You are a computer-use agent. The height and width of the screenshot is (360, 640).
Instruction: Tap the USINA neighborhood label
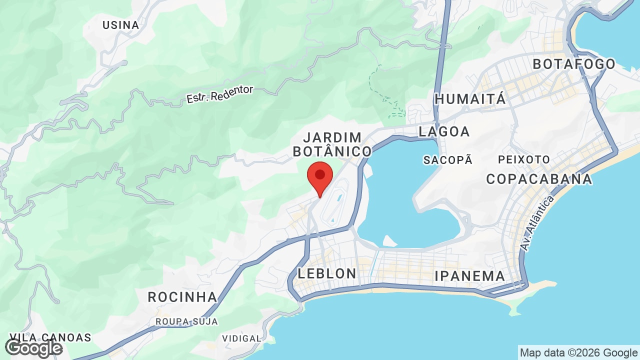120,25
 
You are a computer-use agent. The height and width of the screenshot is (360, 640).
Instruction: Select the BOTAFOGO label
574,64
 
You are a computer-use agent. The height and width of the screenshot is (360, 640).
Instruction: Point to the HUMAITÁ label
470,99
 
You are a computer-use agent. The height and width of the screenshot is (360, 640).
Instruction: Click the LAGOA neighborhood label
444,131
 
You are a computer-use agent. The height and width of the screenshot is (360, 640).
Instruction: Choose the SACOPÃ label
447,160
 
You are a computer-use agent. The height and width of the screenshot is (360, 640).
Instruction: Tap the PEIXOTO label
523,159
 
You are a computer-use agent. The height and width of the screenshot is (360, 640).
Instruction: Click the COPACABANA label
539,178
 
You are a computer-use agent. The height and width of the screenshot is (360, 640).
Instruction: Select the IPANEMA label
469,276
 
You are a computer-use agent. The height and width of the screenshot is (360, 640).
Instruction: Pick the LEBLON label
327,273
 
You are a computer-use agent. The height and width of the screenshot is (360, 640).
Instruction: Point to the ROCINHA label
182,297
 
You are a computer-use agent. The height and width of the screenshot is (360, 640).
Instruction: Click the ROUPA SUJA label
187,321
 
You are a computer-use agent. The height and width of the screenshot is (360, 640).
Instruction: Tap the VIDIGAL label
241,338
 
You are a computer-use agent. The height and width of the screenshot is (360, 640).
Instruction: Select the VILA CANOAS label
50,337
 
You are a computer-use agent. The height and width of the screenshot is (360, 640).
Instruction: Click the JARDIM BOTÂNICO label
332,144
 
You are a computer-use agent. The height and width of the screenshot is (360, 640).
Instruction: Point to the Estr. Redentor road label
220,94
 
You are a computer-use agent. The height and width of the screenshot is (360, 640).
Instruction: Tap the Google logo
33,348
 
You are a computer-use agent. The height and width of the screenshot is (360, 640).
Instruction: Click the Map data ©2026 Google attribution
578,352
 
